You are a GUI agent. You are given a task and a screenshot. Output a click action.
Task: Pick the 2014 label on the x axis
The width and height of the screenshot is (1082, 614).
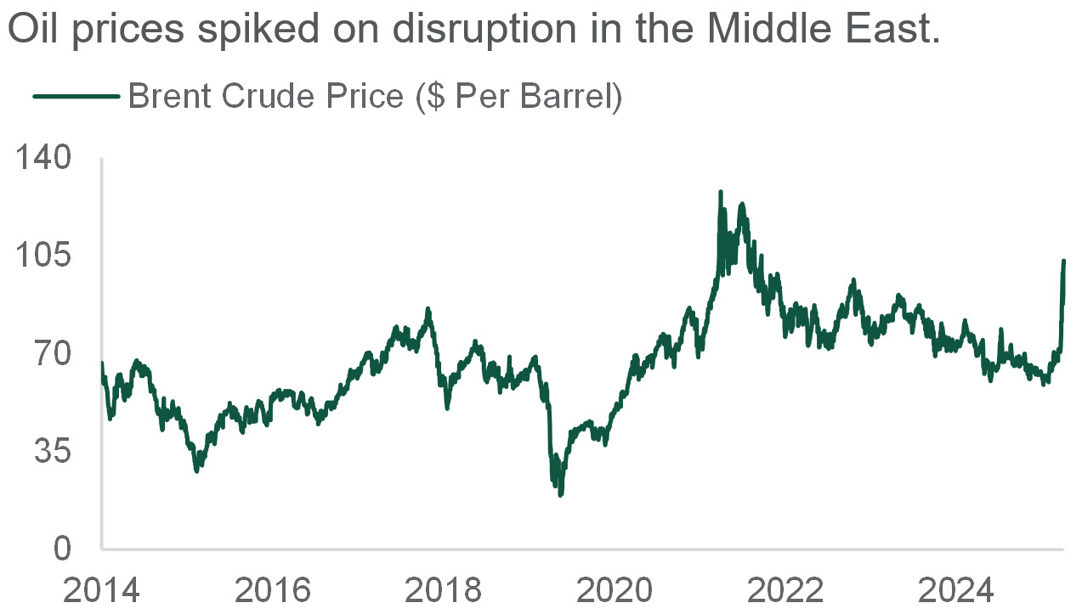(101, 589)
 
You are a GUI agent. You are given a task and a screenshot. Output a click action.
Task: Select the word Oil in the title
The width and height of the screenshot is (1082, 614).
(33, 31)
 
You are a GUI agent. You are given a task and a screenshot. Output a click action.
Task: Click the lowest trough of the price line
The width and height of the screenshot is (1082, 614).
(560, 494)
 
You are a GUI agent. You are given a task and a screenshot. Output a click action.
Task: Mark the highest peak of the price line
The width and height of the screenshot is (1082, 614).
(721, 192)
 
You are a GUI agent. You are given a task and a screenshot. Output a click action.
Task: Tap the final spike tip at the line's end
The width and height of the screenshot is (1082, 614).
(1064, 261)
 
